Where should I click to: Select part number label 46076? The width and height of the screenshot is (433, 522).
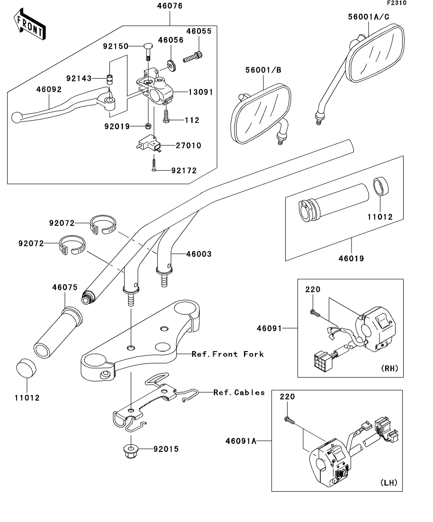pyautogui.click(x=170, y=6)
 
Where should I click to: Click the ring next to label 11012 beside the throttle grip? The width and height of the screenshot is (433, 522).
pyautogui.click(x=380, y=186)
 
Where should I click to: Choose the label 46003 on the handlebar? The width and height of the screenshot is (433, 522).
pyautogui.click(x=199, y=254)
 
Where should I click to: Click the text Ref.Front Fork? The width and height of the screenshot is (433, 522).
pyautogui.click(x=228, y=354)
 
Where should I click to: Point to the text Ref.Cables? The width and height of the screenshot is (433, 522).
pyautogui.click(x=239, y=392)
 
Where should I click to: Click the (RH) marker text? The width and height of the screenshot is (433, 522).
pyautogui.click(x=388, y=368)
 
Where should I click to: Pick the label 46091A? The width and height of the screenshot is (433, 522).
pyautogui.click(x=241, y=441)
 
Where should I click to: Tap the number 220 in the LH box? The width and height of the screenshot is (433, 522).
pyautogui.click(x=288, y=397)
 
